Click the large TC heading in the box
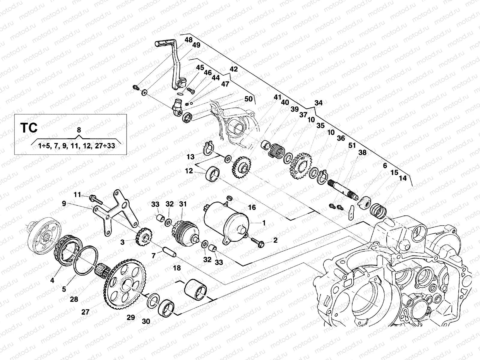pyautogui.click(x=29, y=128)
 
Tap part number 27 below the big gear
pyautogui.click(x=85, y=312)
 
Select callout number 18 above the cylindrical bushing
pyautogui.click(x=177, y=268)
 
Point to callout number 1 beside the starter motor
pyautogui.click(x=264, y=223)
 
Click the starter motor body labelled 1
pyautogui.click(x=226, y=222)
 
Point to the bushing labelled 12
pyautogui.click(x=213, y=174)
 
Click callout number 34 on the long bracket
pyautogui.click(x=318, y=103)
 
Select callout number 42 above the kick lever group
pyautogui.click(x=233, y=69)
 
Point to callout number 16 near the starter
pyautogui.click(x=252, y=207)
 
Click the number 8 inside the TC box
pyautogui.click(x=79, y=130)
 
